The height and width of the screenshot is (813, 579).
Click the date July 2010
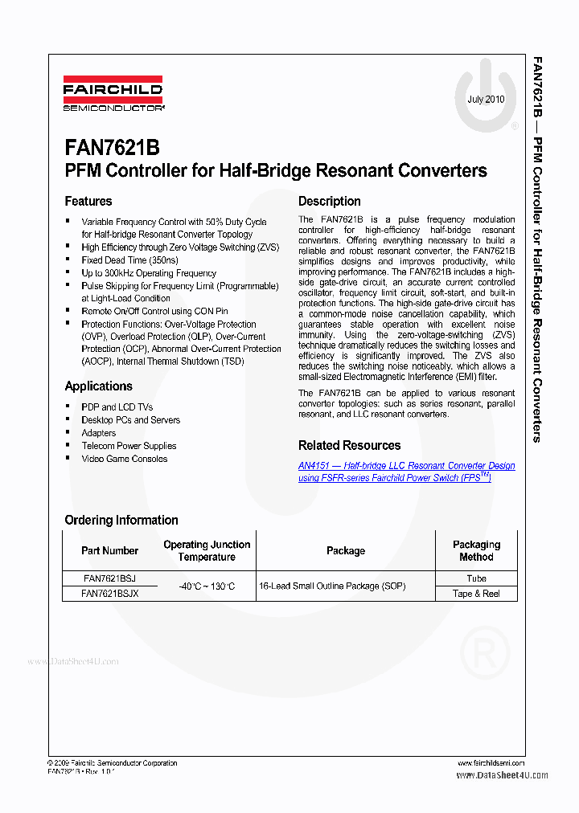[x=486, y=100]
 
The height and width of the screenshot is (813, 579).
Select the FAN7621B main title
[x=112, y=148]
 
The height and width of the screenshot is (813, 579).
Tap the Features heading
[x=88, y=201]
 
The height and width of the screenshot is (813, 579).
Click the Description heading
[x=330, y=201]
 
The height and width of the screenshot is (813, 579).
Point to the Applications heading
[x=98, y=386]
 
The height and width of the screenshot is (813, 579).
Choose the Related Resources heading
[x=349, y=445]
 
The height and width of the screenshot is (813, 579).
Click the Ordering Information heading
[x=121, y=520]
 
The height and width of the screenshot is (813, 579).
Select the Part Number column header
[x=109, y=550]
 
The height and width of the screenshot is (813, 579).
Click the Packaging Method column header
[x=476, y=550]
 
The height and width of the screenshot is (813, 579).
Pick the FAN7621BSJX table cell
[x=109, y=593]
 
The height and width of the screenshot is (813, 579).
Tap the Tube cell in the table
[x=476, y=578]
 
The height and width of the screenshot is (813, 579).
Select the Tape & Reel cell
[x=476, y=593]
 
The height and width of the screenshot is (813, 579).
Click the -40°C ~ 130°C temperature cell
[x=207, y=586]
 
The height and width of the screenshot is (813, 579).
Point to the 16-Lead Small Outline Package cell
[x=332, y=586]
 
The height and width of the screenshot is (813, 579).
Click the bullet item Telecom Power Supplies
[x=129, y=446]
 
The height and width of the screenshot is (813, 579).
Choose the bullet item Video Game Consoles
[x=125, y=459]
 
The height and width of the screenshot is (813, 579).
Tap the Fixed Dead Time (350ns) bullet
[x=129, y=260]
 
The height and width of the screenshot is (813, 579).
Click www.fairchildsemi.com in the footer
[x=491, y=762]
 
